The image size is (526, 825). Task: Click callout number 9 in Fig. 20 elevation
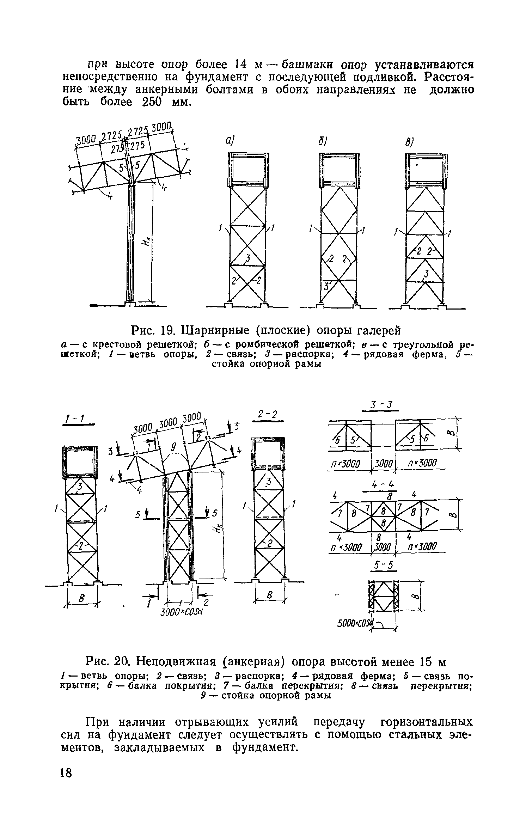[x=173, y=447]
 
